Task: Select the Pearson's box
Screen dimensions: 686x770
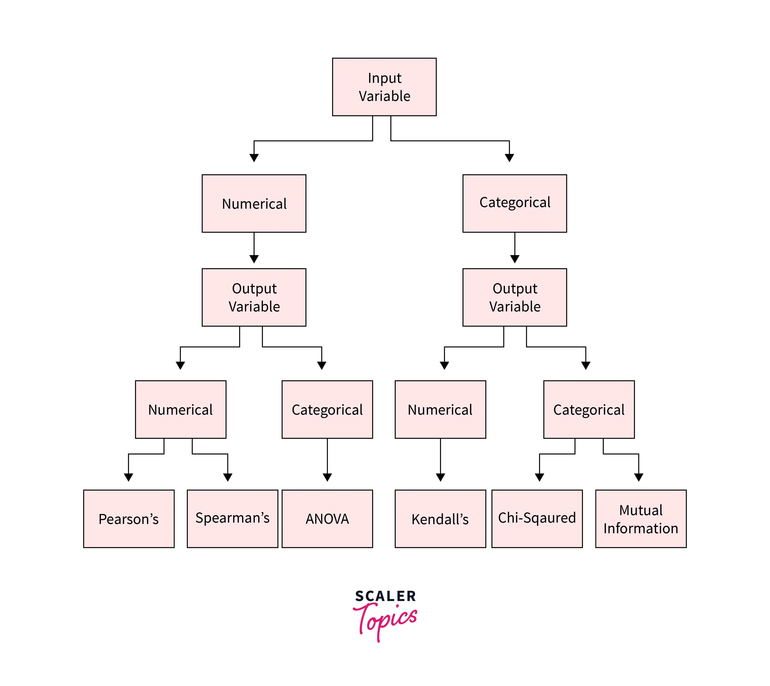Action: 129,519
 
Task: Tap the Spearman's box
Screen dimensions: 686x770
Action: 232,519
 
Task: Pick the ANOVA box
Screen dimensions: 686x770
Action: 327,519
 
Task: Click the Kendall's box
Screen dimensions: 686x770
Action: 440,519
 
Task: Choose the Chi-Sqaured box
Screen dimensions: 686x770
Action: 537,519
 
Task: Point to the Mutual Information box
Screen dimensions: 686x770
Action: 641,519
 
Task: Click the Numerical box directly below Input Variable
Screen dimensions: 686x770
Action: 254,203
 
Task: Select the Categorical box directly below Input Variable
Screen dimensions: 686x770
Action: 515,203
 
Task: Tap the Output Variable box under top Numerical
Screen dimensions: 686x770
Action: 254,297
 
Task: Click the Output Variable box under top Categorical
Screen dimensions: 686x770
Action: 515,297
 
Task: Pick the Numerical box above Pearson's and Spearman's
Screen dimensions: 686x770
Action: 181,409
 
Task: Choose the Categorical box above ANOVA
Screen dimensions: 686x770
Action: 327,409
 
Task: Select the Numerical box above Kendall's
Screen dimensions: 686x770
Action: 440,409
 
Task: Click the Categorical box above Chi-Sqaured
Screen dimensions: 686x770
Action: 589,409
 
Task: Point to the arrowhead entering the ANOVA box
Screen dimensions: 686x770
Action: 327,477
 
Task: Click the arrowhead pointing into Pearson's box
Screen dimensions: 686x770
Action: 129,477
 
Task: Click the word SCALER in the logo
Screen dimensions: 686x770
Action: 385,596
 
